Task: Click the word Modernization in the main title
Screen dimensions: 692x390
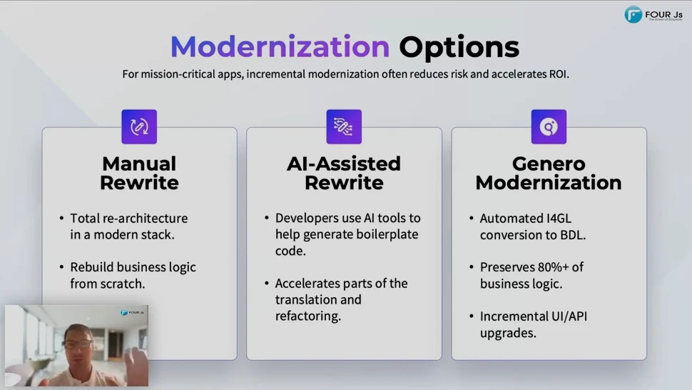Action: (280, 47)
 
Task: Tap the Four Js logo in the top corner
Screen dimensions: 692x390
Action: (653, 14)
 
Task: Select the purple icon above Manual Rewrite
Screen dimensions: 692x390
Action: (139, 126)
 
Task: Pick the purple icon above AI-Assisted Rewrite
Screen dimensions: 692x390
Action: (344, 126)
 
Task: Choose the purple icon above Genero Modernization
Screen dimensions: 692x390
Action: (549, 126)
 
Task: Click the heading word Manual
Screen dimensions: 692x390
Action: (139, 164)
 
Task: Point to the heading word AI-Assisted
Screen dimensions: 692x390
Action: (344, 164)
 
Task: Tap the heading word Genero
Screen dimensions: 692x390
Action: (549, 164)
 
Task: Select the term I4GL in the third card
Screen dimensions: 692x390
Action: (559, 218)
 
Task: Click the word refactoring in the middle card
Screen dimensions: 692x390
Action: (308, 316)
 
